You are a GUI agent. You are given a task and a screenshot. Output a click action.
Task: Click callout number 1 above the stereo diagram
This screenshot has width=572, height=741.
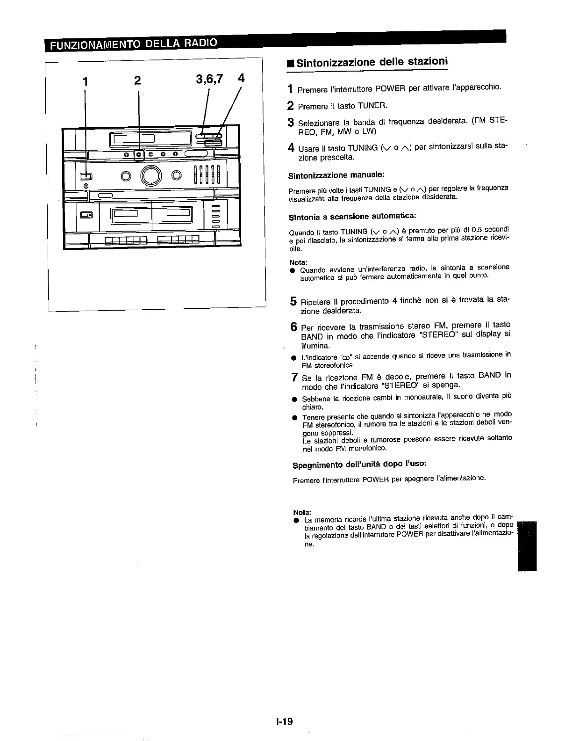pyautogui.click(x=85, y=80)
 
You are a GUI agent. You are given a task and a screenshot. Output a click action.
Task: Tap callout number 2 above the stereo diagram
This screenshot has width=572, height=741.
pyautogui.click(x=137, y=80)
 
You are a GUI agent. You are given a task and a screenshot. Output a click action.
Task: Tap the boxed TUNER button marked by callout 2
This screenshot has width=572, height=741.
pyautogui.click(x=139, y=155)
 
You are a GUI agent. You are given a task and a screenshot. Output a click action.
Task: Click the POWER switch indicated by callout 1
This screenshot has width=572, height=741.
pyautogui.click(x=85, y=176)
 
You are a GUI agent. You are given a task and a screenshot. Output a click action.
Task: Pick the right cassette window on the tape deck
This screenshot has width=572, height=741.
pyautogui.click(x=178, y=215)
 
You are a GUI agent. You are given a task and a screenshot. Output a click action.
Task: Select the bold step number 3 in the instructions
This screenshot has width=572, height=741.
pyautogui.click(x=290, y=123)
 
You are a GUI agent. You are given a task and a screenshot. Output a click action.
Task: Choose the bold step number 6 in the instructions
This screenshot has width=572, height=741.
pyautogui.click(x=293, y=327)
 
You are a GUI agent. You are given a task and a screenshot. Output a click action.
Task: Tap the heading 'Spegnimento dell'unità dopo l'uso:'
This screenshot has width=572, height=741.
pyautogui.click(x=359, y=465)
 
